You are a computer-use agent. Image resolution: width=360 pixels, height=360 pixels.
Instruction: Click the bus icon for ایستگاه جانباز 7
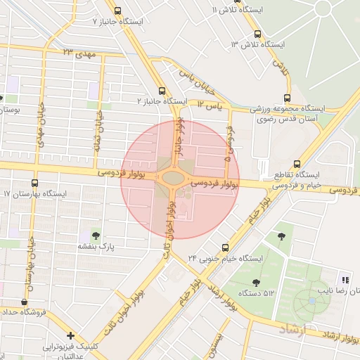click(x=117, y=11)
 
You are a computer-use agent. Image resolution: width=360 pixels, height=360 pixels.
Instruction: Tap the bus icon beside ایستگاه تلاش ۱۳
click(x=257, y=34)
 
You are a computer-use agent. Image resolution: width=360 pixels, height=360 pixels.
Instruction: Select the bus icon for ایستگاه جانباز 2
click(x=162, y=91)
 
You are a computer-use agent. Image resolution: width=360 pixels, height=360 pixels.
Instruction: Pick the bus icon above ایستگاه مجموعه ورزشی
click(x=286, y=98)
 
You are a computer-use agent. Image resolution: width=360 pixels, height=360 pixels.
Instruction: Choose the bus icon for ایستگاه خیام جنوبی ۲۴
click(x=225, y=247)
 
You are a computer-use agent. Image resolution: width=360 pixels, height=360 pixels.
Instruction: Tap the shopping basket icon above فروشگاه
click(x=25, y=302)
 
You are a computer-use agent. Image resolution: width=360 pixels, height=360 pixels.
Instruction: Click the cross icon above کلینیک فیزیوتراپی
click(x=70, y=335)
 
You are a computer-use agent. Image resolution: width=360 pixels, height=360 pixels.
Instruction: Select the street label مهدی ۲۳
click(x=77, y=53)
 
